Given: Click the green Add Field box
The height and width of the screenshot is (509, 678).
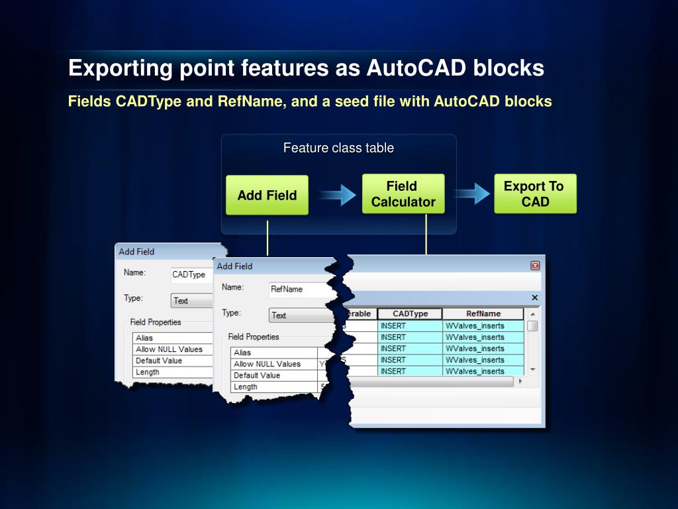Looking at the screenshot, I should (267, 195).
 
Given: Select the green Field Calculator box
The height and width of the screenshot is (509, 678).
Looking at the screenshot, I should (403, 194).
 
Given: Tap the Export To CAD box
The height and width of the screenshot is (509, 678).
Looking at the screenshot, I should (535, 194).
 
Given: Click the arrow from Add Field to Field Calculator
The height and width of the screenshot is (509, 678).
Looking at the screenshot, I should (337, 195).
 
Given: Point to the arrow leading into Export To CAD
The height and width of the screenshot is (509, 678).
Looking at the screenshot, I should (471, 194).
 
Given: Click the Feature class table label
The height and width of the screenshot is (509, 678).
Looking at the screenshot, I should (338, 148).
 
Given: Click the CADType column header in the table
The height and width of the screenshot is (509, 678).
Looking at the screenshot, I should (410, 313).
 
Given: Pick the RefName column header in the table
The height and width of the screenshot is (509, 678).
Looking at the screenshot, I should (483, 313).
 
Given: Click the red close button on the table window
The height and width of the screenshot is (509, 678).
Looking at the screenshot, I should (535, 266).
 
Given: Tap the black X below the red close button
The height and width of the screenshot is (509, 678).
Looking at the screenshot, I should (535, 298).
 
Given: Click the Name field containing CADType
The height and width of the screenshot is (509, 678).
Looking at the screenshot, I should (190, 275).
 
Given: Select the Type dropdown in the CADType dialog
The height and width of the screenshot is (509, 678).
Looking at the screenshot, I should (190, 301).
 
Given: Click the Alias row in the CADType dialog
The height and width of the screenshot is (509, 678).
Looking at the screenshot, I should (172, 338).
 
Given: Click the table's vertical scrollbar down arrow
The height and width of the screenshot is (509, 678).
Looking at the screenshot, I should (532, 370).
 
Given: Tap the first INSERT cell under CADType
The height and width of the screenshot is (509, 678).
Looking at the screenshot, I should (410, 326).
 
